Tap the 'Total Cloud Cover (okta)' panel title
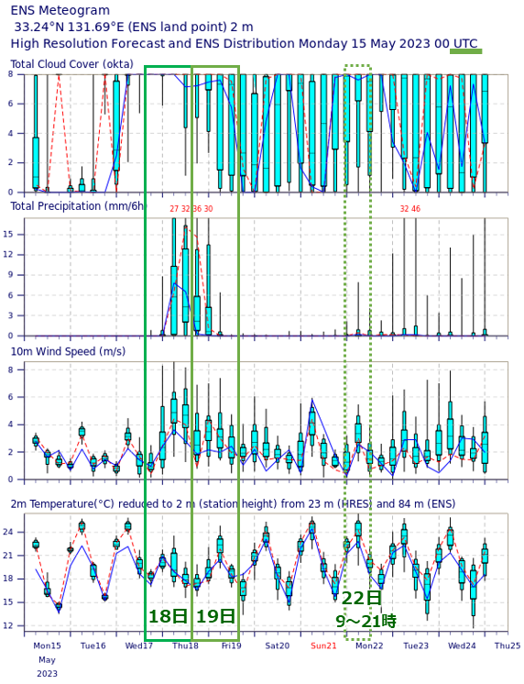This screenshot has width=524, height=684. tap(71, 64)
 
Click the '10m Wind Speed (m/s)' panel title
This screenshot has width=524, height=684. tap(68, 351)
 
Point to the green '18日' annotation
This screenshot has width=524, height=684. tap(168, 616)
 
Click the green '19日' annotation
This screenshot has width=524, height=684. tap(215, 616)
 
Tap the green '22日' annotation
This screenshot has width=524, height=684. tap(361, 598)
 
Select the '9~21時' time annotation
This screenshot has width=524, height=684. tap(366, 621)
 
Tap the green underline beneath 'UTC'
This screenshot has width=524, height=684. tap(465, 52)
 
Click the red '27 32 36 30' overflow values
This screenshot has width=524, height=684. tap(191, 210)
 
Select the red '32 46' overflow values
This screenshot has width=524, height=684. tap(409, 210)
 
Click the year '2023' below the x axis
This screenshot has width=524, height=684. tap(48, 673)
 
